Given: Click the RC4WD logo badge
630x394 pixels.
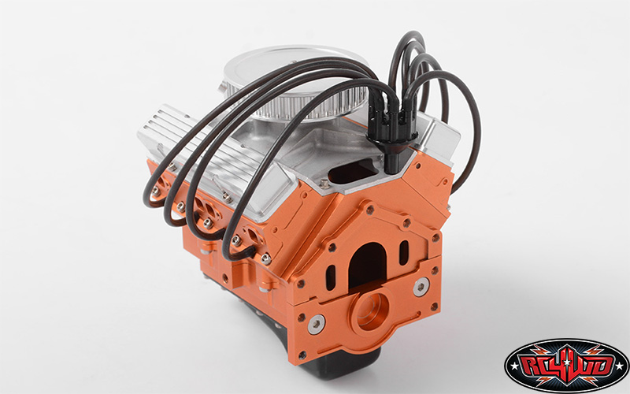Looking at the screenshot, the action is (566, 366).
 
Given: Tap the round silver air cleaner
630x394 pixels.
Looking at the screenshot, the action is (295, 83).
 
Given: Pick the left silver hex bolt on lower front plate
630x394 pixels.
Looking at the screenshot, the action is (317, 324).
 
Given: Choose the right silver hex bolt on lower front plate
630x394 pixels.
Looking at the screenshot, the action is (421, 287).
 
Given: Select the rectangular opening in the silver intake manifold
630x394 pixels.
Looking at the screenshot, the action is (353, 170).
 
